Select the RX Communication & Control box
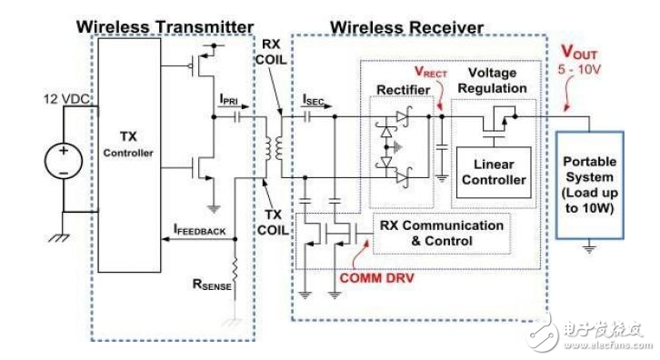(429, 233)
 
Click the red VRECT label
(433, 69)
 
